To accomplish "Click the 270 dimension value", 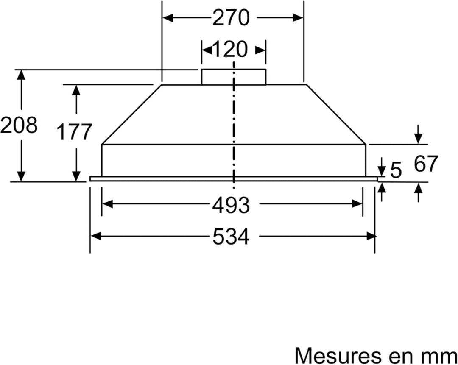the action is (231, 18).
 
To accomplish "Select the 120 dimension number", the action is (229, 49).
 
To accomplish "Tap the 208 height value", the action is (19, 125).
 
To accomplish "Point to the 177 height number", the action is (74, 132).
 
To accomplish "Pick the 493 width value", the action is (231, 205).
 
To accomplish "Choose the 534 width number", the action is (231, 236).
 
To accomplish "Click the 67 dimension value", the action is (426, 164).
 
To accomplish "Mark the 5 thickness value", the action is (396, 170).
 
